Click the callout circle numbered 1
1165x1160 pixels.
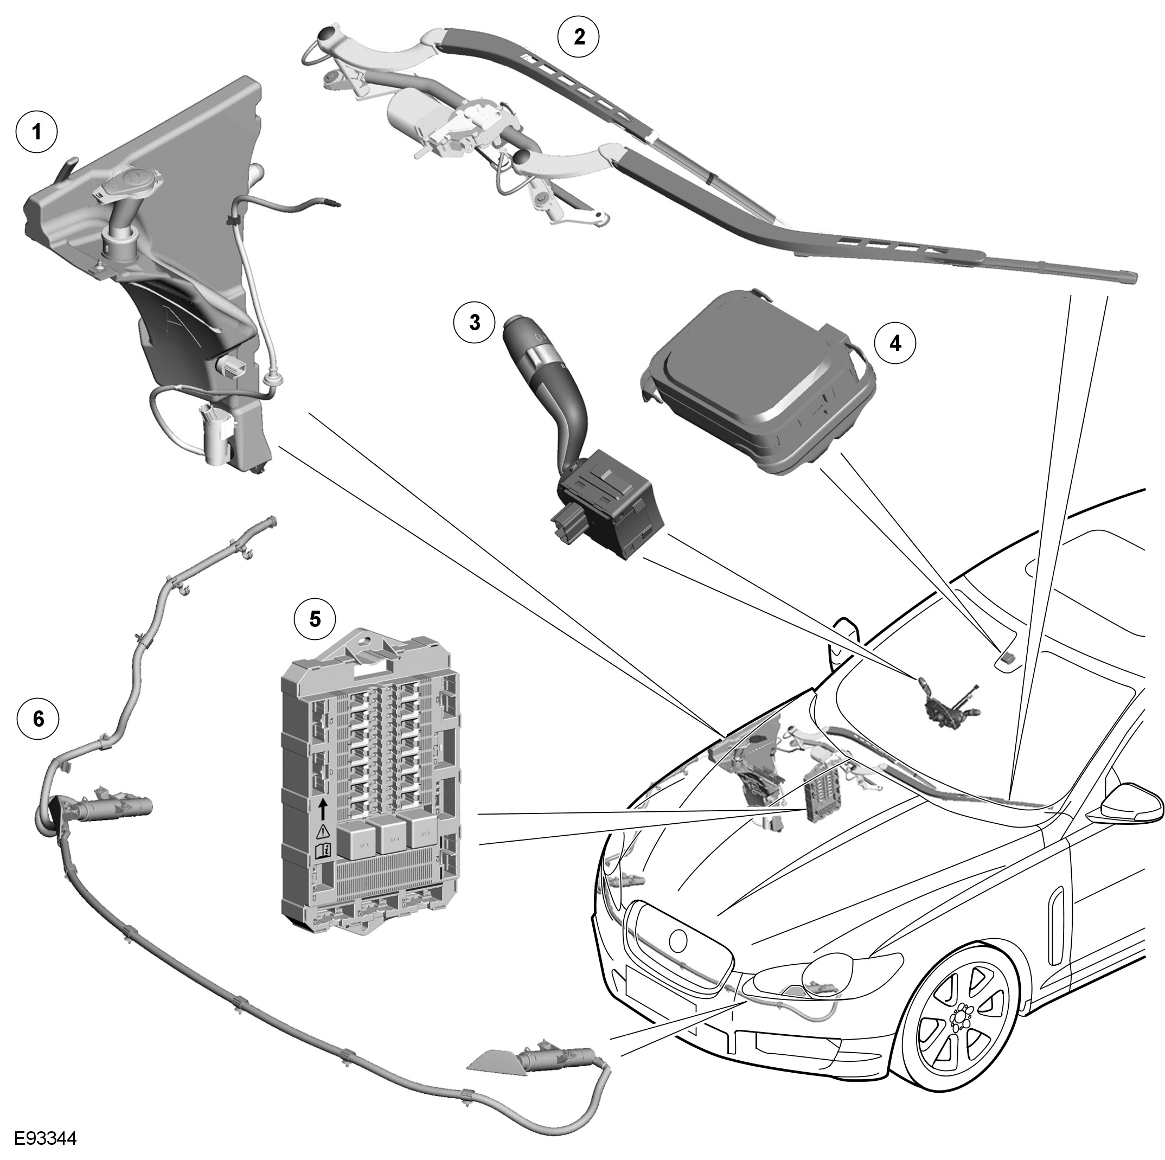[37, 131]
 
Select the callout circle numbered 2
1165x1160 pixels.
[579, 37]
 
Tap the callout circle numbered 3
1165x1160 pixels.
[475, 323]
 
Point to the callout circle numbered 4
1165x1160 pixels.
[895, 343]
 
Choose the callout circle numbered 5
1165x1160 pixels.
[315, 619]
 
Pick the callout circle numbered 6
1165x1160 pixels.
[39, 718]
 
